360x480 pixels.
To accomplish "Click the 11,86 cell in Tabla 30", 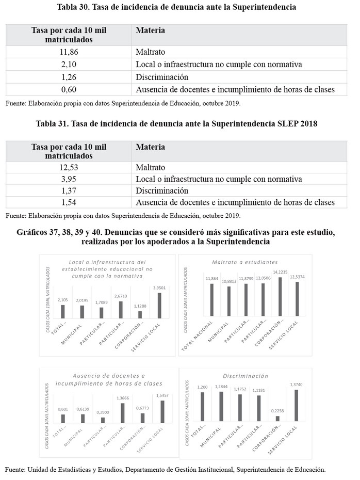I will pyautogui.click(x=69, y=52).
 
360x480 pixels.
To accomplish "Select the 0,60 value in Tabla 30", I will pyautogui.click(x=69, y=89).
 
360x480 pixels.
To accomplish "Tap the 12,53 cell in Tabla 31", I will pyautogui.click(x=69, y=168).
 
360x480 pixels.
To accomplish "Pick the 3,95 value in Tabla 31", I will pyautogui.click(x=69, y=179).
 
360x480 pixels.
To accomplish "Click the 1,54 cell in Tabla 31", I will pyautogui.click(x=69, y=203).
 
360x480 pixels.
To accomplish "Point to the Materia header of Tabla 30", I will pyautogui.click(x=151, y=30).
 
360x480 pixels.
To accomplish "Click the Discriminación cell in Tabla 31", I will pyautogui.click(x=162, y=191).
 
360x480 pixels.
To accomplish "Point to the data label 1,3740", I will pyautogui.click(x=297, y=384).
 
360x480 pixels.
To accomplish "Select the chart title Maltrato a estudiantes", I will pyautogui.click(x=244, y=262).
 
